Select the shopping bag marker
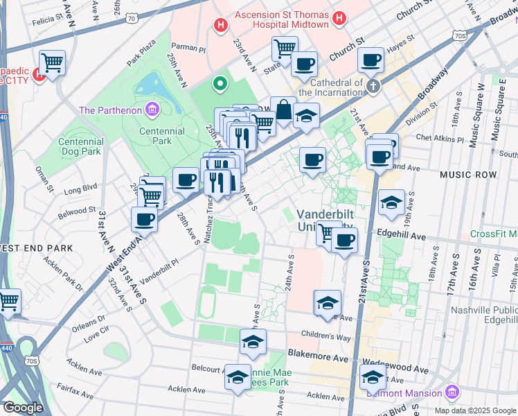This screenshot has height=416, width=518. [x=283, y=110]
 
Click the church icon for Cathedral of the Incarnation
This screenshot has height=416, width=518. [x=373, y=87]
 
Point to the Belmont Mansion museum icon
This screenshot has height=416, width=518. [x=452, y=392]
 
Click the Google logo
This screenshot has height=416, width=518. [x=23, y=408]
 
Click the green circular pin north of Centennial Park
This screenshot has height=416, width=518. [x=221, y=85]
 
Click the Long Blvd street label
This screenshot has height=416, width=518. [x=81, y=187]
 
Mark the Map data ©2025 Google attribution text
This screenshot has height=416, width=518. [x=474, y=410]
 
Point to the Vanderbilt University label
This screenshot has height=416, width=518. [x=326, y=220]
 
